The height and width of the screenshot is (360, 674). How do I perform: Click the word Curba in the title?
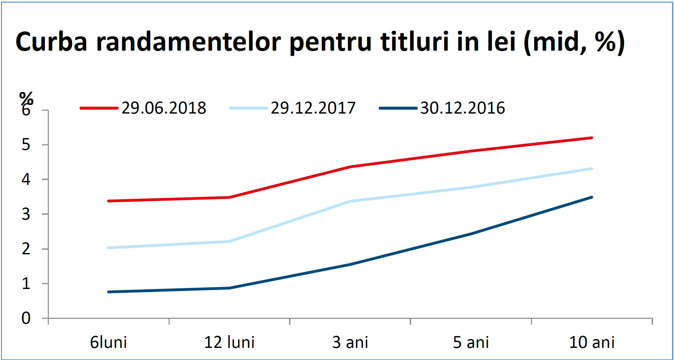click(x=51, y=42)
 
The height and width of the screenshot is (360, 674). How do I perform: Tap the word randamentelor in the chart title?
click(x=189, y=42)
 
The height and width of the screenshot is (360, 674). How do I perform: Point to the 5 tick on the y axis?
click(x=26, y=145)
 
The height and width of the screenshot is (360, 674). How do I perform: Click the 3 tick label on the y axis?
click(x=26, y=214)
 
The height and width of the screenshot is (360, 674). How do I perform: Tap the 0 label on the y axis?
click(x=26, y=318)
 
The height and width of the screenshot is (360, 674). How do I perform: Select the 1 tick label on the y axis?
click(x=26, y=283)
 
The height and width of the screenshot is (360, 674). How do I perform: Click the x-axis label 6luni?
click(x=108, y=342)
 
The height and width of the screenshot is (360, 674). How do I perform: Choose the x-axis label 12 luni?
click(x=229, y=342)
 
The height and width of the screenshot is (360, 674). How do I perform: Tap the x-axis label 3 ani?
click(x=350, y=342)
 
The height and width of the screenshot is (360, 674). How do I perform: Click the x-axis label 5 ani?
click(x=471, y=342)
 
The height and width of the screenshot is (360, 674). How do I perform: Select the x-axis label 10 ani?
click(x=592, y=342)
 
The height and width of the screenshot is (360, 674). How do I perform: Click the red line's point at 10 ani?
click(x=592, y=138)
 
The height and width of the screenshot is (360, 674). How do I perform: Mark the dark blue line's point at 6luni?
click(x=108, y=292)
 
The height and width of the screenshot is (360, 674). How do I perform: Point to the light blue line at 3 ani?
click(x=350, y=201)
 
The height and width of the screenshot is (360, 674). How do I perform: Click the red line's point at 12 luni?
click(x=229, y=197)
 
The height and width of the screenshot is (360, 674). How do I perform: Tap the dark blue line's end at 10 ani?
click(x=592, y=197)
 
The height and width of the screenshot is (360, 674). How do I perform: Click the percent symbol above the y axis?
click(x=26, y=98)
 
